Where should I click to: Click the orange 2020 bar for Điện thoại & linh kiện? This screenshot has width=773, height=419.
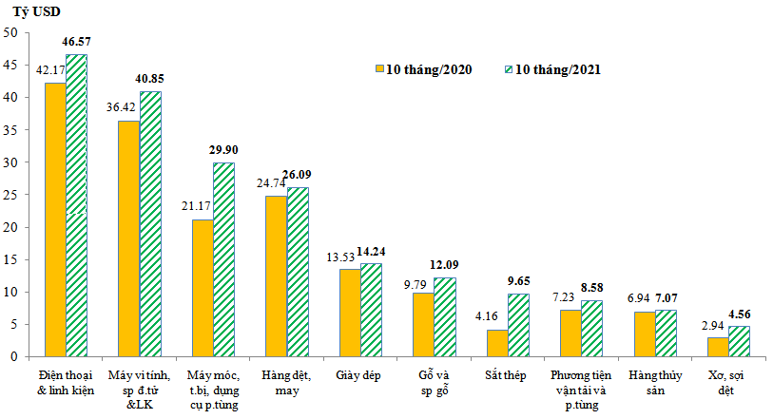coord(54,219)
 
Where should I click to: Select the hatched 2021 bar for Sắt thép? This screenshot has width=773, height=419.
coord(518,325)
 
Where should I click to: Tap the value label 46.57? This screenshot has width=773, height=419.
coord(76,43)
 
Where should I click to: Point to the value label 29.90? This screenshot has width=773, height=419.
coord(224,151)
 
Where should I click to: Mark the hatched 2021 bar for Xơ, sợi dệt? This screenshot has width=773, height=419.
coord(739,341)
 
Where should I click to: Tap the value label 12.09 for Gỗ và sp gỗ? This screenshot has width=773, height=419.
coord(445,267)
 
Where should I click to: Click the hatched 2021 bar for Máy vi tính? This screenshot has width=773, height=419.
coord(150,223)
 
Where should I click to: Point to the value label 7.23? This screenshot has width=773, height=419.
coord(570,298)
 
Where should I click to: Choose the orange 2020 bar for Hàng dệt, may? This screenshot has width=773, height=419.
coord(276,276)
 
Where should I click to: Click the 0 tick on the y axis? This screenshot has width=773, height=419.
coord(14,356)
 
